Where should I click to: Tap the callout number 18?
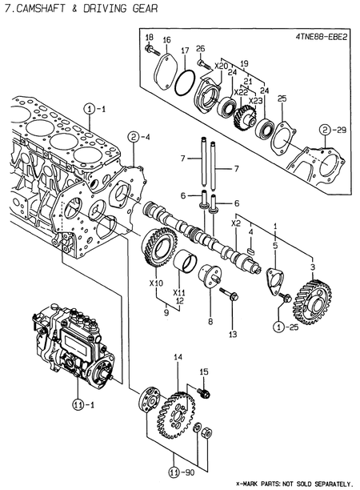149,38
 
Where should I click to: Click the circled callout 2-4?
135,136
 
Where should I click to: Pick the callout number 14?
178,356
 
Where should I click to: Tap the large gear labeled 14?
177,404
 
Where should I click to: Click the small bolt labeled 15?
206,392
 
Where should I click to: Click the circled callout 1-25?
282,326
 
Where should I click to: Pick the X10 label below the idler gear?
156,283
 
